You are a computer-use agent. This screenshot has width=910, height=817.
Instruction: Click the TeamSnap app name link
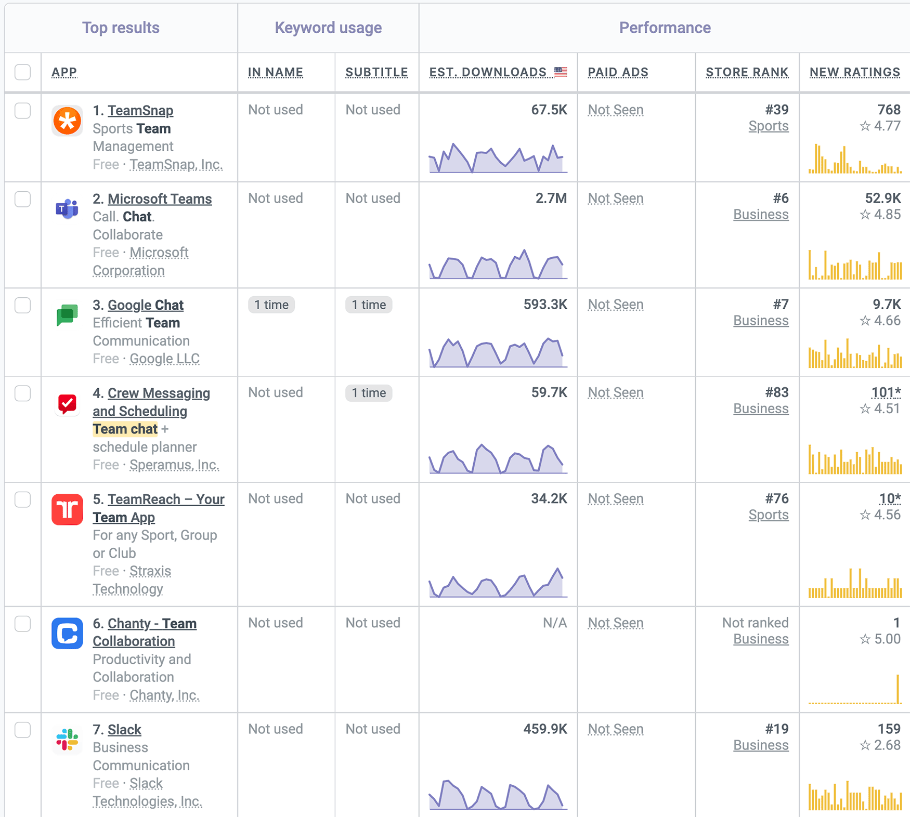tap(140, 111)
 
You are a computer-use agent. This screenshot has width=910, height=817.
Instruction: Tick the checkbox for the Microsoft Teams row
tap(23, 199)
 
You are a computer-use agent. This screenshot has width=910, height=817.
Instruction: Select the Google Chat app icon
tap(67, 315)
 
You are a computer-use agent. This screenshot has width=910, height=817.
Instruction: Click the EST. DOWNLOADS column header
tap(488, 72)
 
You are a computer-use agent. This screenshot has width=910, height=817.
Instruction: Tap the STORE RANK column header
tap(747, 72)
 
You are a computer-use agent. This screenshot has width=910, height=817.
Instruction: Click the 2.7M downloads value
tap(551, 199)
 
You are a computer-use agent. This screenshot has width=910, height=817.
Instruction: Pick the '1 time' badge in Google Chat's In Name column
tap(271, 305)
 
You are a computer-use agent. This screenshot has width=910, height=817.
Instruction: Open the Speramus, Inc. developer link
tap(174, 465)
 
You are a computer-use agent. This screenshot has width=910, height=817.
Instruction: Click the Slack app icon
tap(67, 740)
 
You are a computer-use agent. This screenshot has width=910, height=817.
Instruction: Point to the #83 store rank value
tap(776, 393)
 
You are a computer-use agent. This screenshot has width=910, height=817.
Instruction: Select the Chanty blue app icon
tap(67, 634)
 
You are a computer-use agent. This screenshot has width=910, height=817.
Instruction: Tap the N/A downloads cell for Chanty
tap(554, 623)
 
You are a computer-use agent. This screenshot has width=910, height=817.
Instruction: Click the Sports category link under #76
tap(768, 515)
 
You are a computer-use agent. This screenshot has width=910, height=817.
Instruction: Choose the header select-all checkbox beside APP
tap(23, 72)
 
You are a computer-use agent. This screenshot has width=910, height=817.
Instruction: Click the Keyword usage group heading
tap(328, 28)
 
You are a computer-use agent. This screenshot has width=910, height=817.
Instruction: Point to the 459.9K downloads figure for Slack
tap(545, 729)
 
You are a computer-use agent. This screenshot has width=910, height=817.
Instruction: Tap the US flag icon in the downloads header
tap(561, 72)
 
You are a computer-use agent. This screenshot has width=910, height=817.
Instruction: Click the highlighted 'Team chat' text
tap(125, 429)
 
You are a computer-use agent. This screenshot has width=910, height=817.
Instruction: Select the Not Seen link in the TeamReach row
tap(616, 499)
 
